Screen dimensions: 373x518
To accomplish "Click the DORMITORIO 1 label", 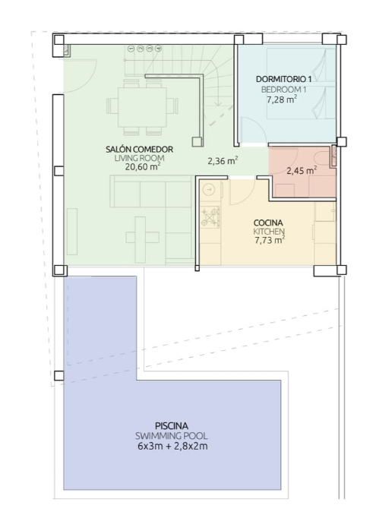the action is click(284, 79).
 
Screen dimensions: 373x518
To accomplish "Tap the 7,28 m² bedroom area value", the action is click(282, 99).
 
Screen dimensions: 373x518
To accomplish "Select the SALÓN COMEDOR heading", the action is click(140, 149).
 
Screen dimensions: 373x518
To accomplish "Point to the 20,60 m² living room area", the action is click(143, 166).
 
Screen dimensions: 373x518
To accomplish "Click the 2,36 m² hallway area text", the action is click(223, 161).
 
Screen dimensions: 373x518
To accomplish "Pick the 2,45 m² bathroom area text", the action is click(302, 170).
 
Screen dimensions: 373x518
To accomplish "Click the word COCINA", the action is click(268, 223).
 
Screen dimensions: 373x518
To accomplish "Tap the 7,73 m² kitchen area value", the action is click(270, 240).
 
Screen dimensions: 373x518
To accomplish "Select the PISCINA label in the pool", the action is click(172, 425).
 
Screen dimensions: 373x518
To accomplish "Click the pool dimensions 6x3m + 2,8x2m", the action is click(172, 446).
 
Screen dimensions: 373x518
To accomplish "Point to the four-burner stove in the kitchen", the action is click(210, 217).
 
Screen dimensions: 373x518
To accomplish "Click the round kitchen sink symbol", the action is click(209, 189).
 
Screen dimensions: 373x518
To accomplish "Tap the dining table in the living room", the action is click(142, 106).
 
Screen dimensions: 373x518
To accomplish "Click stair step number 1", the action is click(131, 49).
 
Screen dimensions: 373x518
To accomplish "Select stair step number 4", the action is click(159, 49).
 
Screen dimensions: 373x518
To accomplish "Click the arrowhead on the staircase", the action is click(217, 104).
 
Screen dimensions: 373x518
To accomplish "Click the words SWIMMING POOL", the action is click(172, 436).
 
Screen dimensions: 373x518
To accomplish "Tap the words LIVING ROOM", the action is click(140, 158).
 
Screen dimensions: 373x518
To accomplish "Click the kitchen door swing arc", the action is click(245, 195).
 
